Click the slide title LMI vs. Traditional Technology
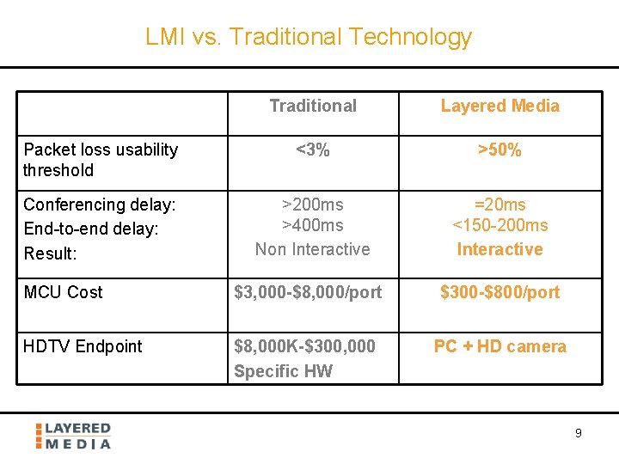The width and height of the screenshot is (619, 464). [309, 37]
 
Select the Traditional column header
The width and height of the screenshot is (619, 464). [312, 106]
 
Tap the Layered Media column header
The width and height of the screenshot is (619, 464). [499, 106]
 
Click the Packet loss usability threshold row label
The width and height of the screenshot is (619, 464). [100, 160]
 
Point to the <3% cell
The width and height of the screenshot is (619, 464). [312, 150]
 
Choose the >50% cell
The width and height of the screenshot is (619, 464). [499, 150]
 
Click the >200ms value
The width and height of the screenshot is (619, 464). [312, 205]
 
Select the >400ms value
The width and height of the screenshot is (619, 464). [312, 225]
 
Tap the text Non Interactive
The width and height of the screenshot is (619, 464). [312, 249]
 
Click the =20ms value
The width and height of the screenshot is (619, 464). [499, 205]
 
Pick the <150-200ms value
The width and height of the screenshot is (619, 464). [499, 225]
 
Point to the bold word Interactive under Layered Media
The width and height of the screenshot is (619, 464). [499, 249]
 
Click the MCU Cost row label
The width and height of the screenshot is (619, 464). [63, 292]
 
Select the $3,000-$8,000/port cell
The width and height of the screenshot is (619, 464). [308, 292]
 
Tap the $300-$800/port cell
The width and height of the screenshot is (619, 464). [499, 292]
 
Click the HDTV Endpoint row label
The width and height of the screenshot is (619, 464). [83, 346]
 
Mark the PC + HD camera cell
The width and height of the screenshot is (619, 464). [499, 346]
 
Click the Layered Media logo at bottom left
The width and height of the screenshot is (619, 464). [74, 436]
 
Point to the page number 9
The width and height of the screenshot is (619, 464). [578, 433]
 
